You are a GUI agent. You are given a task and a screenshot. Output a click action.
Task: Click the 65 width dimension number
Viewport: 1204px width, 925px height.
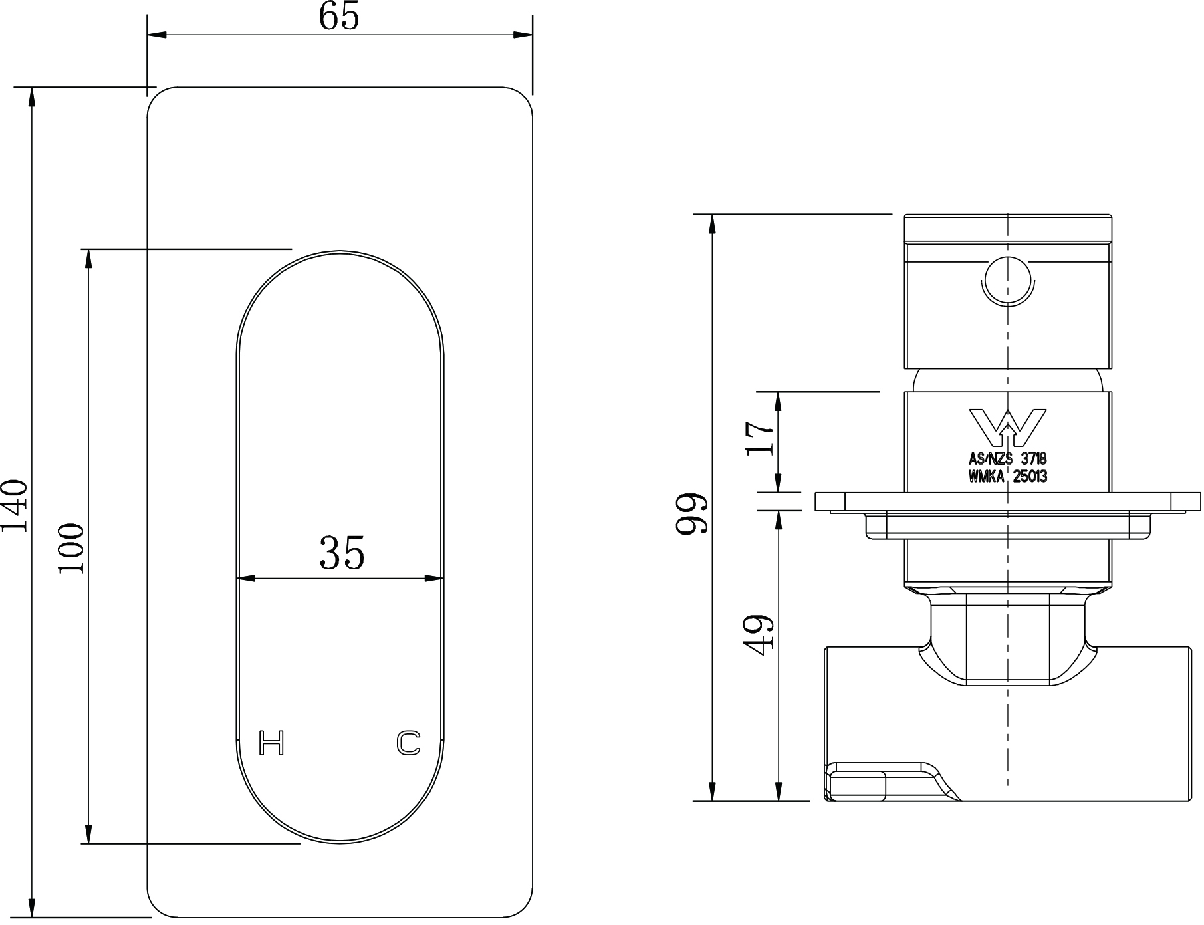pyautogui.click(x=339, y=17)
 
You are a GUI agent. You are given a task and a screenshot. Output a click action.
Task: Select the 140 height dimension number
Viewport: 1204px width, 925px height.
pyautogui.click(x=15, y=505)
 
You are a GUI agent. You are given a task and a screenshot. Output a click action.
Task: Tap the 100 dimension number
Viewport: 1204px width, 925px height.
pyautogui.click(x=71, y=549)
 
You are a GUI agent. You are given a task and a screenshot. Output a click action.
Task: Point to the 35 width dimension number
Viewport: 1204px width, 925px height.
pyautogui.click(x=342, y=553)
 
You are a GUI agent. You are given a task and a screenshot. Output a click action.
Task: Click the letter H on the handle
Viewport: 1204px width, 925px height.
pyautogui.click(x=271, y=743)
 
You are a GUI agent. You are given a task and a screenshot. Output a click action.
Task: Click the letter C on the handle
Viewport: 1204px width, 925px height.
pyautogui.click(x=409, y=743)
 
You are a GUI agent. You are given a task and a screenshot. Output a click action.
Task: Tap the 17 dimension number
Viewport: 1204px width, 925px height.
pyautogui.click(x=761, y=438)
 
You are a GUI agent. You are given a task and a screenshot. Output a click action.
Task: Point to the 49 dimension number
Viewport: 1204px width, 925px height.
pyautogui.click(x=761, y=635)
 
